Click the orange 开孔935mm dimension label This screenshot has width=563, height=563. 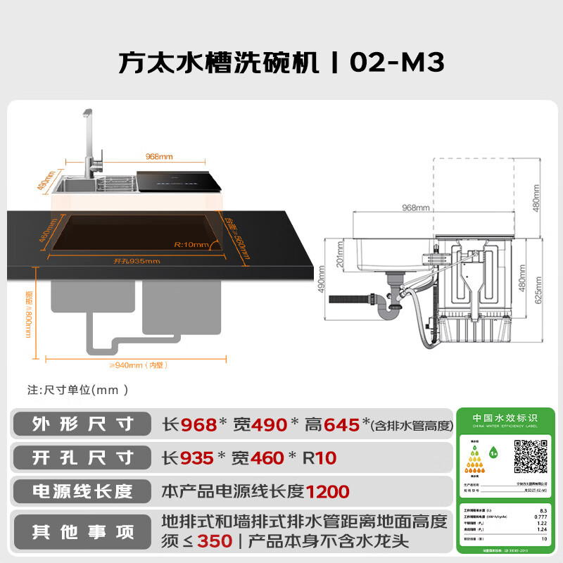137,261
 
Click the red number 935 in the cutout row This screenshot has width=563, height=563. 196,458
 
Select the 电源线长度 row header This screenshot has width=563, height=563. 82,491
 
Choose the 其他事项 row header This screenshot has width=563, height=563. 82,532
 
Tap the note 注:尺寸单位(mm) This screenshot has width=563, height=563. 77,388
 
